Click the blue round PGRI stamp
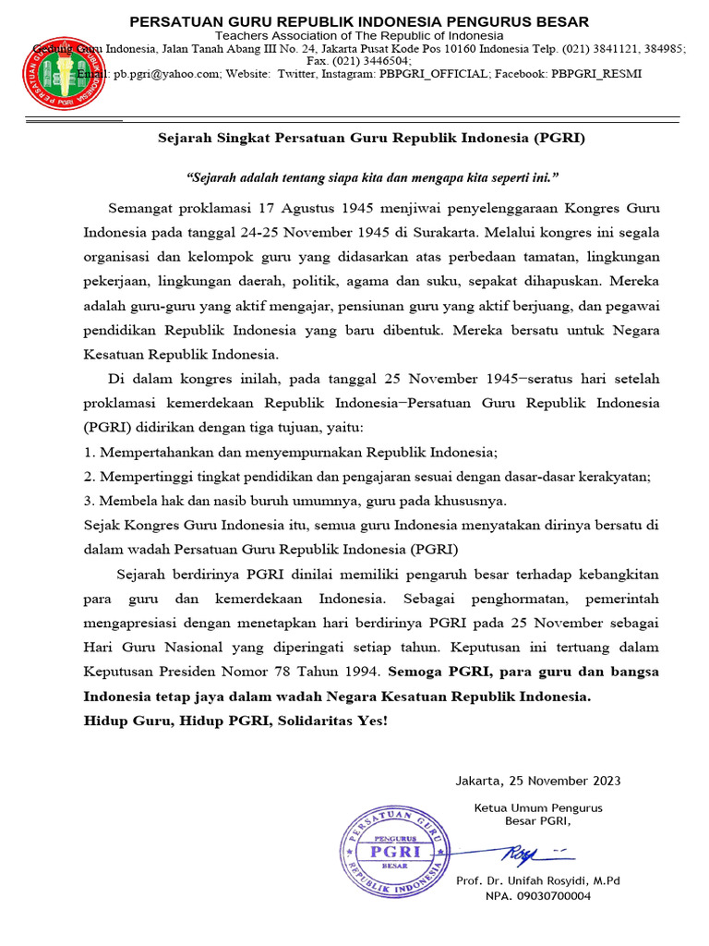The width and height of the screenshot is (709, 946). [x=395, y=851]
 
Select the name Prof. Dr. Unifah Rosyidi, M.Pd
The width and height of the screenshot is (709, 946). [x=538, y=880]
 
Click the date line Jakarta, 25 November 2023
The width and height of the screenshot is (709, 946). [x=538, y=781]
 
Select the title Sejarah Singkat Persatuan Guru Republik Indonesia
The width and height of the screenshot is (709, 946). [x=369, y=139]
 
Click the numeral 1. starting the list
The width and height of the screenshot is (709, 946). [x=89, y=453]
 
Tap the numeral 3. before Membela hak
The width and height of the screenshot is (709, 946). [x=89, y=501]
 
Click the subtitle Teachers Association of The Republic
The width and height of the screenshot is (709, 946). [x=359, y=35]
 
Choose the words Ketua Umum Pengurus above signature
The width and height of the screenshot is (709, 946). [x=538, y=807]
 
